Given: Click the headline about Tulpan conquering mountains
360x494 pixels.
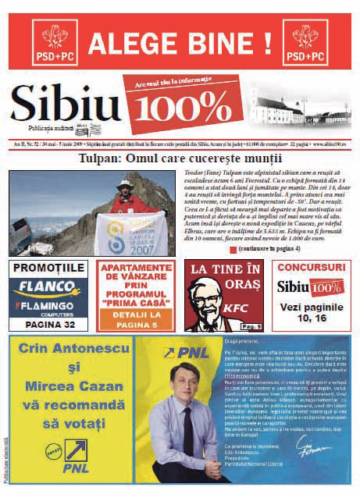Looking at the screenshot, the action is (x=180, y=158).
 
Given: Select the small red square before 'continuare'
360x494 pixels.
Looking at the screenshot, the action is (x=233, y=248).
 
